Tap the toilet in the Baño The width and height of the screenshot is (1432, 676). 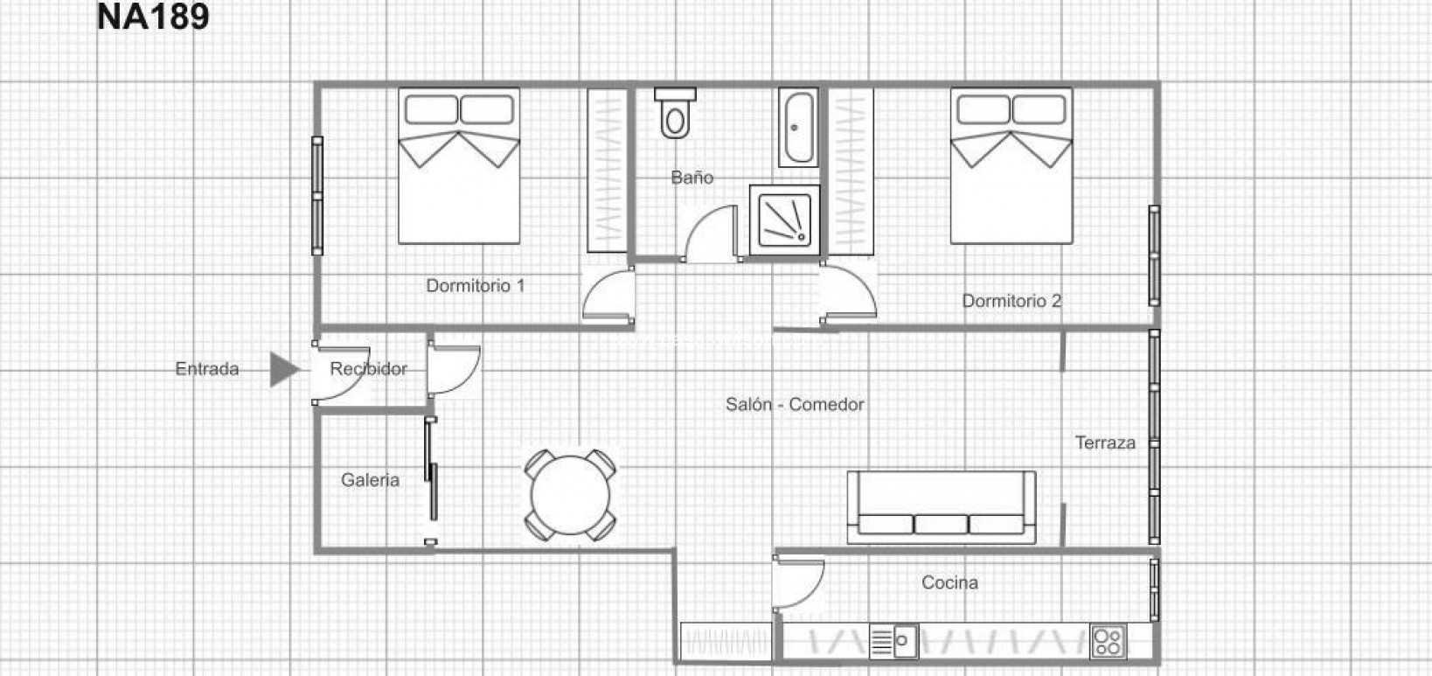tap(674, 113)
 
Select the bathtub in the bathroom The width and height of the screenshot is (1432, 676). tap(798, 128)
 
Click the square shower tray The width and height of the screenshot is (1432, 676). tap(784, 220)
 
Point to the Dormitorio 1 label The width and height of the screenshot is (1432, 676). tap(476, 286)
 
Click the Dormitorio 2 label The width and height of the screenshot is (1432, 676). tap(1011, 301)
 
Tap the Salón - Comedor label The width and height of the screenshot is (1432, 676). tap(795, 404)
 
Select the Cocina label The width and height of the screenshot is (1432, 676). tap(949, 582)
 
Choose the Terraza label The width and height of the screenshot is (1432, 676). tap(1105, 443)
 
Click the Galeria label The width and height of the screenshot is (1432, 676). tap(370, 479)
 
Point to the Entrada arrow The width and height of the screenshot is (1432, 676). tap(284, 369)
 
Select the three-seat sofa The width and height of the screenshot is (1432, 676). tap(941, 508)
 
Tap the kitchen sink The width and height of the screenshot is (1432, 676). tap(893, 642)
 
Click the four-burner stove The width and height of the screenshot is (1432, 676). tap(1109, 642)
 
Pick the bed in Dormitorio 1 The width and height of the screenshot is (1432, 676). tap(459, 165)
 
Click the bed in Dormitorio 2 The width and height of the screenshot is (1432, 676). tap(1011, 165)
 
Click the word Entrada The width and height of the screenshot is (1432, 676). tap(207, 369)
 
